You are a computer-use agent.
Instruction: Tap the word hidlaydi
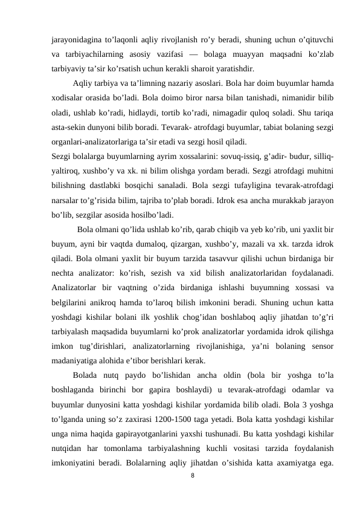point(157,113)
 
